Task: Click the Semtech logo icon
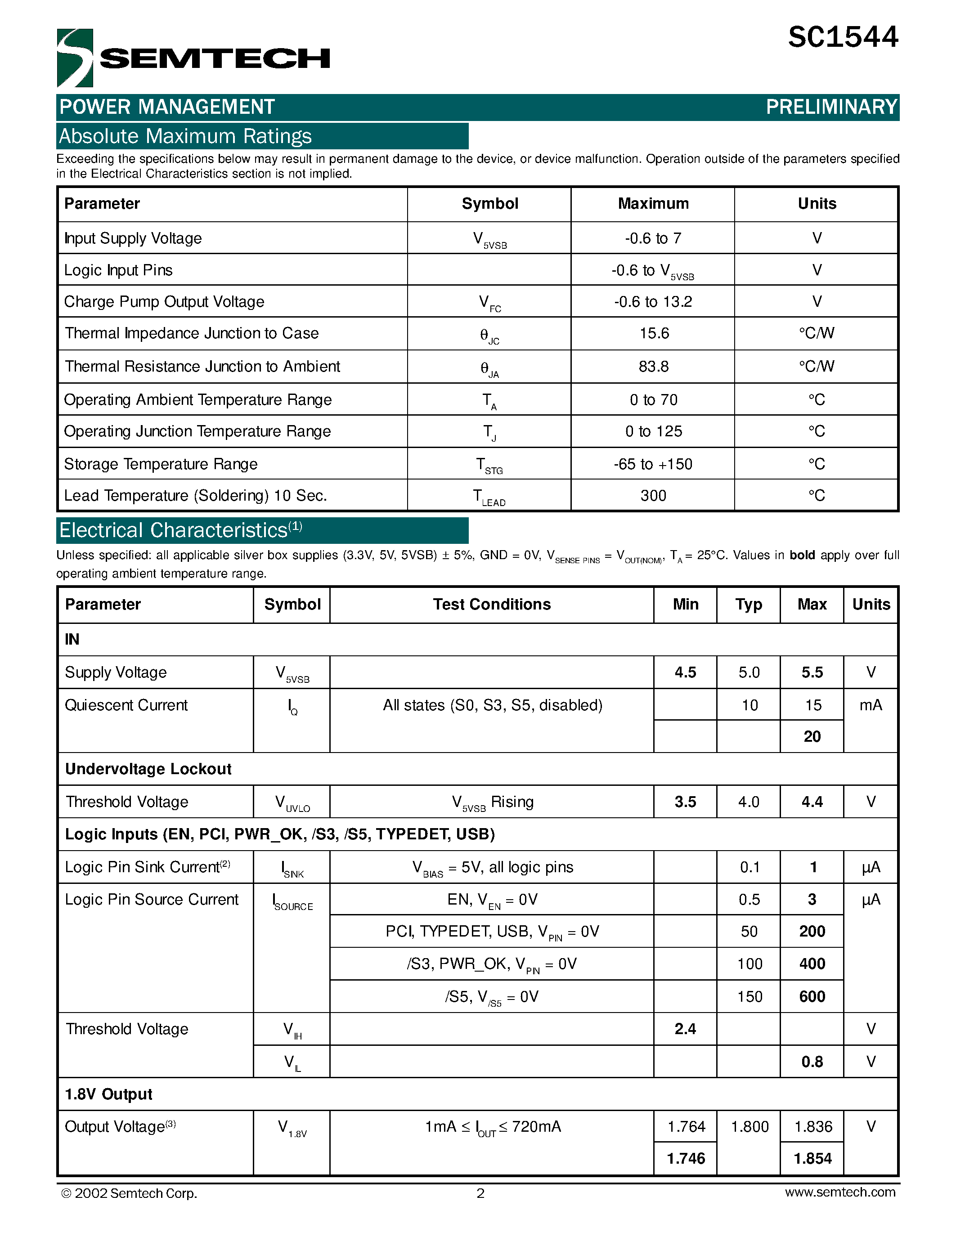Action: coord(75,57)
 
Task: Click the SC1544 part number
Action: coord(842,37)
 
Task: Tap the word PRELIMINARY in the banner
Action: coord(831,107)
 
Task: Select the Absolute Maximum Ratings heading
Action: coord(185,136)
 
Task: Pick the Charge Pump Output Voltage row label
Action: coord(164,302)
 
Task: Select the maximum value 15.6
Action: coord(654,333)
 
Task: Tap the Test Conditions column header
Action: coord(492,605)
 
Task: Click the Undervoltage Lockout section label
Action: coord(148,769)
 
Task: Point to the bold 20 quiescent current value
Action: coord(812,736)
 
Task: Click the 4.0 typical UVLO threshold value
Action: coord(748,802)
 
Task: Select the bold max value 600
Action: coord(812,996)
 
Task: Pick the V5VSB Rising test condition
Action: coord(492,802)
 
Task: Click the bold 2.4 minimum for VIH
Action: coord(685,1029)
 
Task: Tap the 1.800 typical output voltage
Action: coord(750,1126)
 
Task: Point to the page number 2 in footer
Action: coord(480,1193)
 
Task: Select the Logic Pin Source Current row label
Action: coord(152,900)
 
